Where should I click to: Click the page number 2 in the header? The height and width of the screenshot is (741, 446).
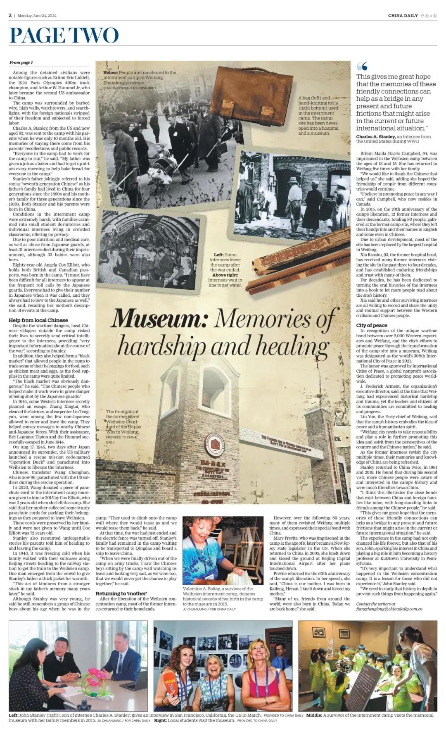[x=10, y=15]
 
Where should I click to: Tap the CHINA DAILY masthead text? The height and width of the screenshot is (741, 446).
[x=403, y=16]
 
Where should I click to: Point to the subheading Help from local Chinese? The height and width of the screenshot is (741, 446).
[x=38, y=320]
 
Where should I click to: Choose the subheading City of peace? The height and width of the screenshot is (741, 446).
[x=372, y=325]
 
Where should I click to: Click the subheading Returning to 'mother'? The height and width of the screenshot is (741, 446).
[x=121, y=593]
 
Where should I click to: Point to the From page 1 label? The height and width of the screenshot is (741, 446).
[x=21, y=62]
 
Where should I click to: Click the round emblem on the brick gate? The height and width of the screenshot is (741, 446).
[x=214, y=445]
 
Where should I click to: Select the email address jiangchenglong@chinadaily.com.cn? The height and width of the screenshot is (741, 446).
[x=389, y=609]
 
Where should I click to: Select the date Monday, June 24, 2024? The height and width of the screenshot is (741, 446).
[x=37, y=16]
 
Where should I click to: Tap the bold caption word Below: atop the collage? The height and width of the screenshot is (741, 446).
[x=110, y=73]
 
